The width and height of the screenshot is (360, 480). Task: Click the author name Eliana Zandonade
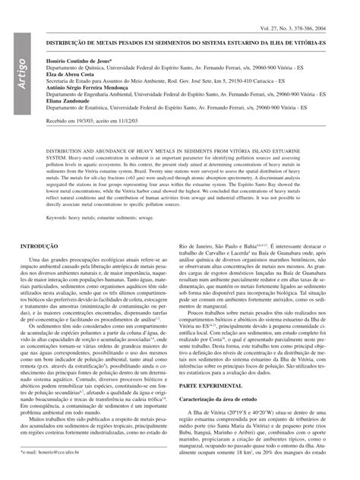pos(71,101)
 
